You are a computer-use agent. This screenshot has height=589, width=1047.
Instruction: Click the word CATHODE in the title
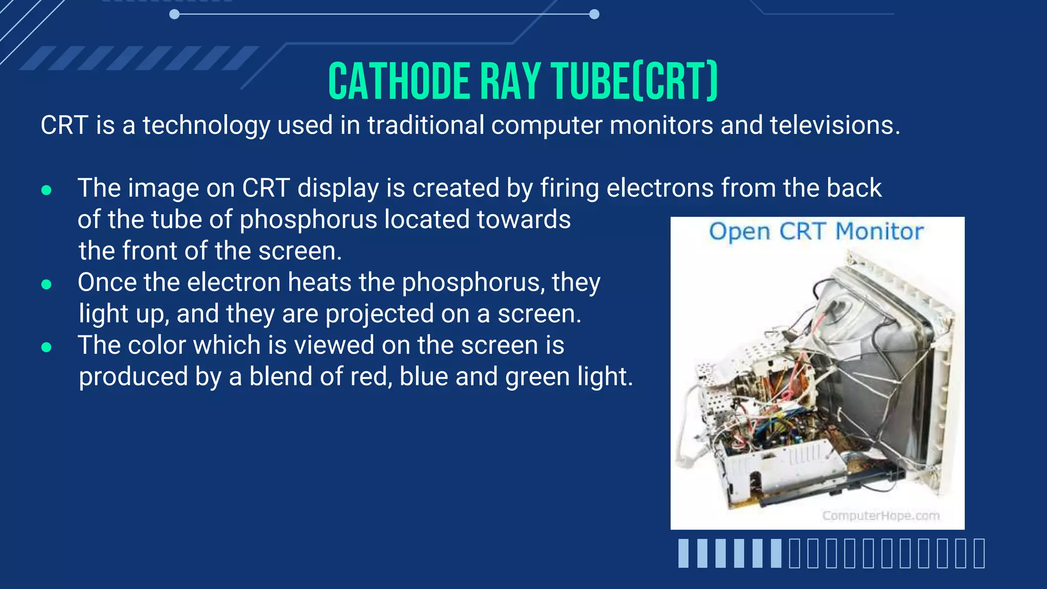click(x=399, y=82)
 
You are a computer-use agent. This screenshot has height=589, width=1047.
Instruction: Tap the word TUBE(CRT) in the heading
click(x=634, y=82)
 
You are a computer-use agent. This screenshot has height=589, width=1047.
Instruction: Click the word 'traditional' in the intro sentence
click(x=425, y=125)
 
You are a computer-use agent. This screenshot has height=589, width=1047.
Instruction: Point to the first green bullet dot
click(x=47, y=190)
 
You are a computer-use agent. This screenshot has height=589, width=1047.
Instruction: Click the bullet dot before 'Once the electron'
click(x=47, y=284)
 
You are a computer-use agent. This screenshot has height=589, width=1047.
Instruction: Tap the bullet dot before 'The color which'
click(x=47, y=348)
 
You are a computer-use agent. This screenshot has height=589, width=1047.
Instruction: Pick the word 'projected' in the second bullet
click(x=379, y=314)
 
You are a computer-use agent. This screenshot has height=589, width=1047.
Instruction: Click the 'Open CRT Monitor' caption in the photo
click(x=816, y=232)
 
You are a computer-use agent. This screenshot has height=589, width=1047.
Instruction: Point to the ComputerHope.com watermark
click(x=880, y=515)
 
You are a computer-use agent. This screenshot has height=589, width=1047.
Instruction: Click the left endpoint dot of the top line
click(x=174, y=14)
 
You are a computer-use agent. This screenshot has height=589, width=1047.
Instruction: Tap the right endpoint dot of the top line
click(x=594, y=14)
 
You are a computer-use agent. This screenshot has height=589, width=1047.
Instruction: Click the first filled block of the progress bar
click(x=684, y=553)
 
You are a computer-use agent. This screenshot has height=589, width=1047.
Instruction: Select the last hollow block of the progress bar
click(x=979, y=553)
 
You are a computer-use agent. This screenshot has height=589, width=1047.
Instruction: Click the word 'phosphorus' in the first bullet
click(x=308, y=220)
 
